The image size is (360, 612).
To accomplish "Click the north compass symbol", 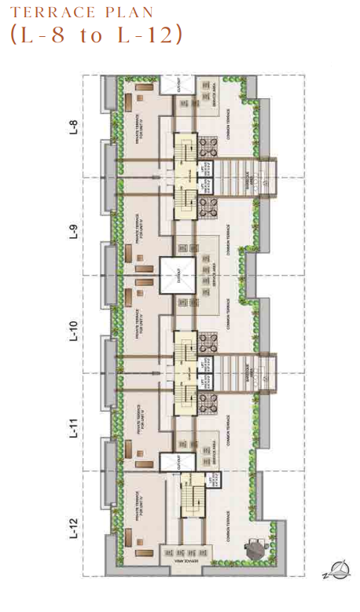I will click(x=340, y=567).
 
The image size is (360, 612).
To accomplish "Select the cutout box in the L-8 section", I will click(x=183, y=87).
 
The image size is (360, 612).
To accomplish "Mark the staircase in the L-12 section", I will click(x=189, y=499).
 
